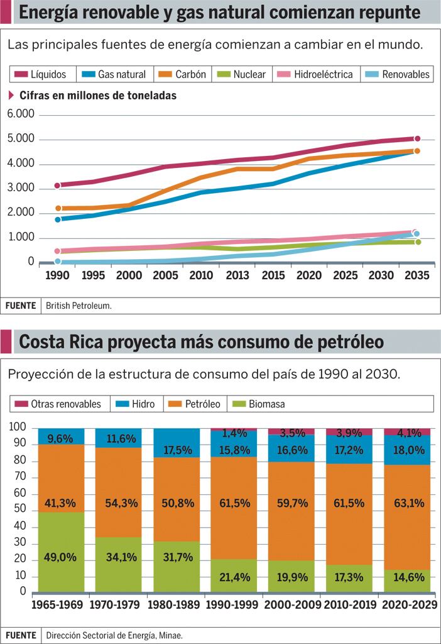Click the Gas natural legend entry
click(114, 74)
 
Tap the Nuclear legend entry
click(242, 74)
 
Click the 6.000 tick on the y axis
click(21, 114)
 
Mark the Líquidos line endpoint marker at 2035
click(417, 138)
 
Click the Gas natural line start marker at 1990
click(58, 219)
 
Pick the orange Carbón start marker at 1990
click(58, 208)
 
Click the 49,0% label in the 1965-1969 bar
click(61, 557)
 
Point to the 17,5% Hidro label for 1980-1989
click(176, 451)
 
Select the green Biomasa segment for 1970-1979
click(118, 564)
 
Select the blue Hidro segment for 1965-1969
click(61, 436)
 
